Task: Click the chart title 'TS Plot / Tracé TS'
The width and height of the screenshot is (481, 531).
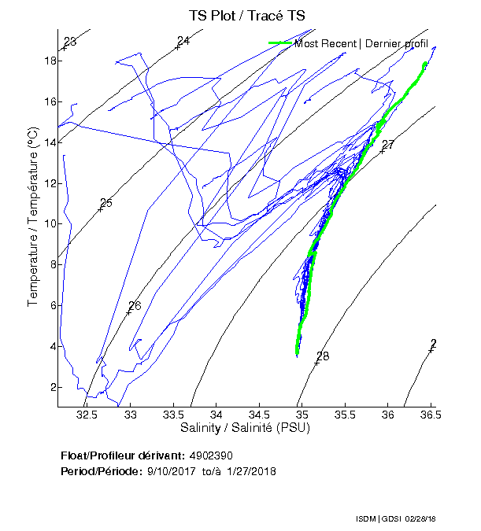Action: tap(246, 16)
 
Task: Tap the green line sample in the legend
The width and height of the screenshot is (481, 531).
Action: tap(279, 43)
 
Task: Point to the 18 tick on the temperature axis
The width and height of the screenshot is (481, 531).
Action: tap(48, 61)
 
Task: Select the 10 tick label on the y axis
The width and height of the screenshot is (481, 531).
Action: tap(48, 223)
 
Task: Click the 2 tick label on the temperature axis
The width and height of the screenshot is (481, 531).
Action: tap(50, 387)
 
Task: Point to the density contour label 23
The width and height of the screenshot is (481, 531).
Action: tap(70, 42)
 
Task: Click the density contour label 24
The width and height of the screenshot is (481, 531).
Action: tap(183, 41)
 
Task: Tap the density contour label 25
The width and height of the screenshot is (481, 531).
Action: tap(106, 203)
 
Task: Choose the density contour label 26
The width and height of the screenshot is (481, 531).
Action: tap(135, 306)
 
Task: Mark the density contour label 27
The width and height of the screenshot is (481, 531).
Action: tap(387, 146)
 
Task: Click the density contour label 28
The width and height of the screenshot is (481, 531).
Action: tap(322, 357)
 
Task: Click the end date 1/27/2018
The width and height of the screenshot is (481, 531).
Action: tap(250, 470)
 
